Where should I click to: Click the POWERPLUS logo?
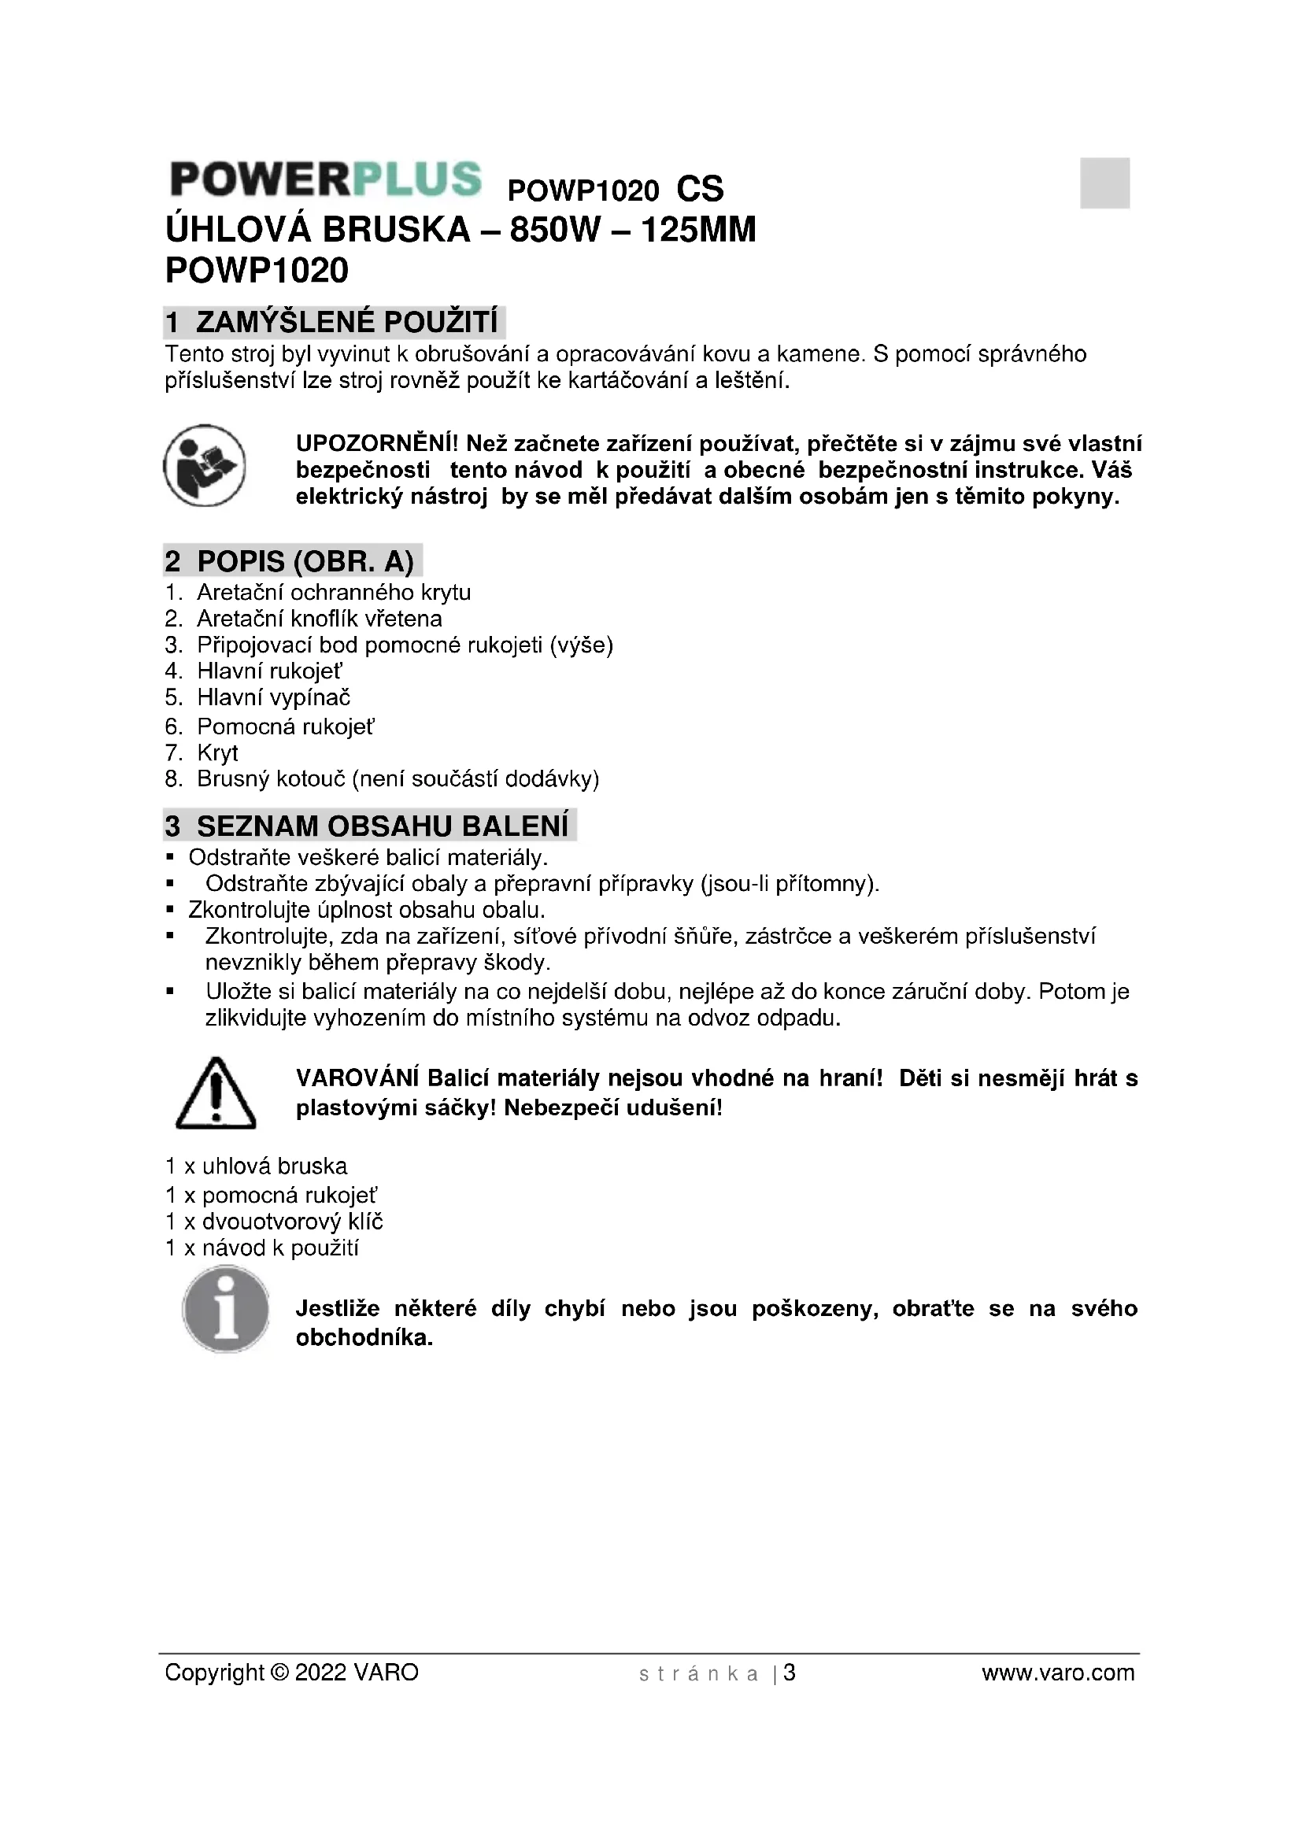326,179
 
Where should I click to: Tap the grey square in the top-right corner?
1104,183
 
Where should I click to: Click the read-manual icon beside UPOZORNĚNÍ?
205,466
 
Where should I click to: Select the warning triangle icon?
216,1093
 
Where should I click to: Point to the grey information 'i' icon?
226,1310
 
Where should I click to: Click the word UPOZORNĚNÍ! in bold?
377,443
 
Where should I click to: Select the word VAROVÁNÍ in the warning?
357,1078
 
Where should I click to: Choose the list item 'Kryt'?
217,753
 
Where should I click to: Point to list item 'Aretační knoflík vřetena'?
319,619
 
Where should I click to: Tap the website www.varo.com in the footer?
1057,1673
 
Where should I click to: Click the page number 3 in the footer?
790,1673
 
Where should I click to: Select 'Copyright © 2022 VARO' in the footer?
292,1673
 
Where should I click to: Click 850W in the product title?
555,231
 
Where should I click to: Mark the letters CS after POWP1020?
699,190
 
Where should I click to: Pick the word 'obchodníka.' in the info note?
364,1338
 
